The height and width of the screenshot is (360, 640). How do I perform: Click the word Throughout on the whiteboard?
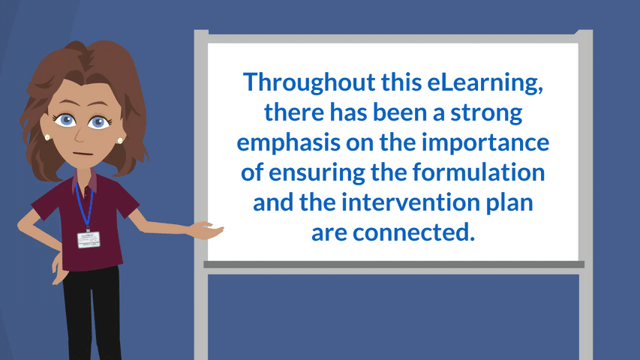309,82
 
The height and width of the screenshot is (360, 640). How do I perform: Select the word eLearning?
485,82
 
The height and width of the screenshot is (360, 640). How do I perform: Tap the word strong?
486,113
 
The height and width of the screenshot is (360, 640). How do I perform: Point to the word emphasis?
289,143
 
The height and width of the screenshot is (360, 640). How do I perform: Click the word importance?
485,143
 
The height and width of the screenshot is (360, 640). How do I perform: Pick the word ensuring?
317,173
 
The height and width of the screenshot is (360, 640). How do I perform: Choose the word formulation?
479,172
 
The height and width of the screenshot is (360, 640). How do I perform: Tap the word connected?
413,232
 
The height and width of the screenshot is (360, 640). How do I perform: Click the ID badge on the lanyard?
89,240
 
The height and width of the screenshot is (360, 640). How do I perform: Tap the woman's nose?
80,136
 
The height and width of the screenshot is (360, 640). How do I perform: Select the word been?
400,113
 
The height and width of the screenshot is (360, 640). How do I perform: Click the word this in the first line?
396,82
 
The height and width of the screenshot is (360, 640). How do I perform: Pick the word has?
348,113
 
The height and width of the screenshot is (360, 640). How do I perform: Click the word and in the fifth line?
272,202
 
